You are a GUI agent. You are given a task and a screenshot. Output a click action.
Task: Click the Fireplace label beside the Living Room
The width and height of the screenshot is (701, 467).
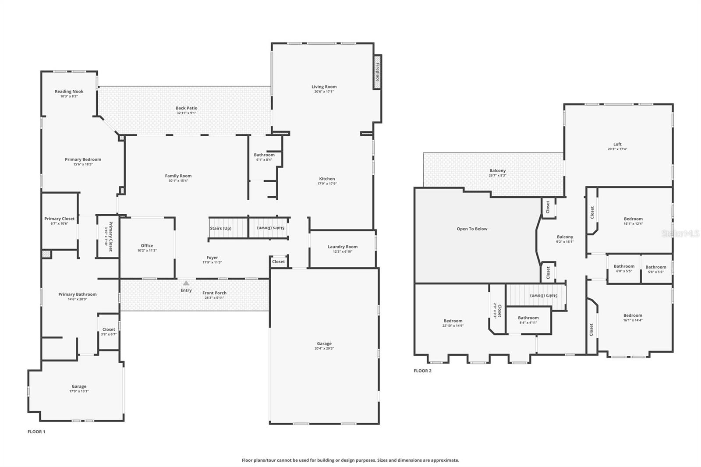[377, 72]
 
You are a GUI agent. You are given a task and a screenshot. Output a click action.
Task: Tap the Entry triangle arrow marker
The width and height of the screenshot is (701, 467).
[186, 283]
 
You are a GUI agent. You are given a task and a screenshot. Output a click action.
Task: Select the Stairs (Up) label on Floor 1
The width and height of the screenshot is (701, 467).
[220, 228]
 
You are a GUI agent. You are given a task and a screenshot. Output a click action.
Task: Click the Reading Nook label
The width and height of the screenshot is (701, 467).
[69, 92]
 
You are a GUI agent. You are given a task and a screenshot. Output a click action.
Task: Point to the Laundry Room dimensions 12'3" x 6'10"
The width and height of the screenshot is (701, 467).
[342, 251]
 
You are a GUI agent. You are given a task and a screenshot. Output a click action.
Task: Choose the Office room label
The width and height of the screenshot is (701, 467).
[147, 246]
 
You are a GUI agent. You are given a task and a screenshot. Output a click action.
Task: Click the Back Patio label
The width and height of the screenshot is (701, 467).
[186, 108]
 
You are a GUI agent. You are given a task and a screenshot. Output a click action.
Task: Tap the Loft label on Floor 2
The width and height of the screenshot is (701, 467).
[617, 144]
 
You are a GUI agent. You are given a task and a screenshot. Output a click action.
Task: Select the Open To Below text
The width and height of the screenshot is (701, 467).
[472, 229]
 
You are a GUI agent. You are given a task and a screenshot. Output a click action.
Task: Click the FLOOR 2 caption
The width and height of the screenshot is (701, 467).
[422, 371]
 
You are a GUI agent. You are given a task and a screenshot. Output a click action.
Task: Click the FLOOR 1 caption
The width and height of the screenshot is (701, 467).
[36, 432]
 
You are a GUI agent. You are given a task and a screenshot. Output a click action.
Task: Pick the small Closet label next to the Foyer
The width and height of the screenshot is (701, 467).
[278, 262]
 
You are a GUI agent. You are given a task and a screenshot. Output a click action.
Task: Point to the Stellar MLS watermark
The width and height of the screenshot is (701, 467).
[680, 234]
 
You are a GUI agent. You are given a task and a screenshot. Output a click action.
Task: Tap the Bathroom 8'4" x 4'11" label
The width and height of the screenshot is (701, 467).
[528, 318]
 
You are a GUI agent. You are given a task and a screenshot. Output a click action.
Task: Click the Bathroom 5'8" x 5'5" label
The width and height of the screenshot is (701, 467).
[655, 267]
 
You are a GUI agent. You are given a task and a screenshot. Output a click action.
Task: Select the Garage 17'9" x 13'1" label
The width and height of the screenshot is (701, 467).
[79, 386]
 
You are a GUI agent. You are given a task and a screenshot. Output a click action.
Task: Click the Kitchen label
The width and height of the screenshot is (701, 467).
[327, 179]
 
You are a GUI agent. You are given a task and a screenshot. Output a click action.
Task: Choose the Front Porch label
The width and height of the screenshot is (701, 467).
[214, 293]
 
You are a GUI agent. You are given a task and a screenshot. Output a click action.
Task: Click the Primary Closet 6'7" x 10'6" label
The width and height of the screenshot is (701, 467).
[59, 219]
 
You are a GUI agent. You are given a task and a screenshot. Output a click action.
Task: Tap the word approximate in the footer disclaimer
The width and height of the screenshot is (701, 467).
[446, 460]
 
